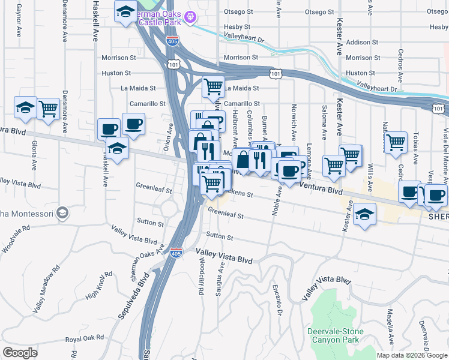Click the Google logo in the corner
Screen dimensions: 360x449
pos(20,353)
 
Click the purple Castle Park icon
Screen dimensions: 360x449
pos(191,16)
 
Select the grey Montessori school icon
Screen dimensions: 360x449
pos(62,213)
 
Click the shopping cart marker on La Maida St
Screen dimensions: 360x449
pos(213,87)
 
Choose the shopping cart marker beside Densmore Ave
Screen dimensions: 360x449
pos(48,109)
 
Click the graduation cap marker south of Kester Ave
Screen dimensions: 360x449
pos(364,214)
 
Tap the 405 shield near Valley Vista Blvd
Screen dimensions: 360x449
pos(175,253)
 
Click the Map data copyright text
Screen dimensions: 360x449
pos(412,355)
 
